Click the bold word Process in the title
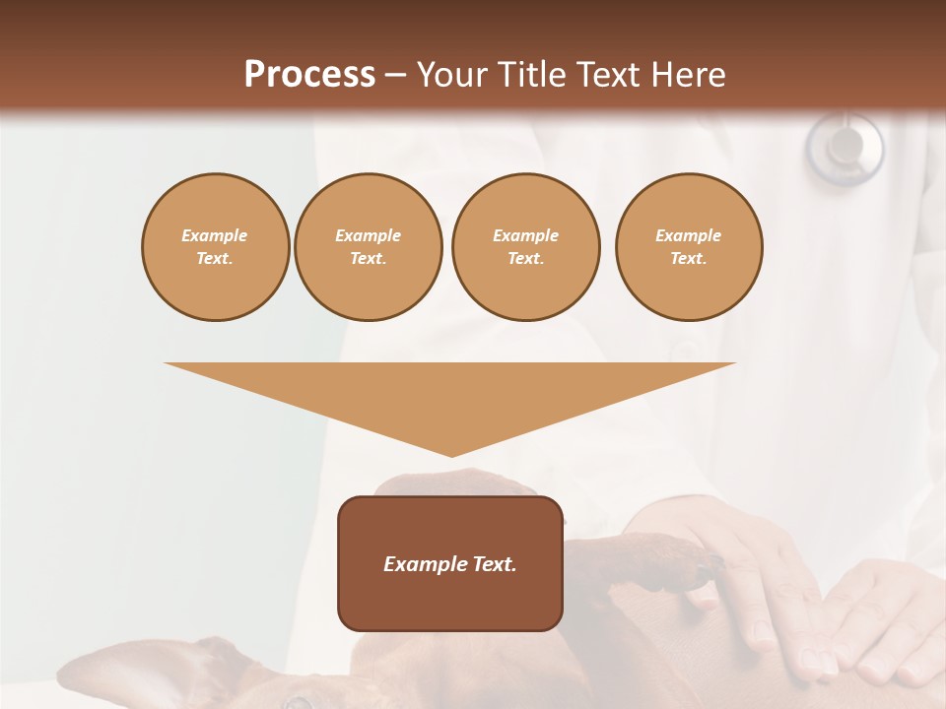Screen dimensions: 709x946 (309, 74)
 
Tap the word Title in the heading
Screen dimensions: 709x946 (532, 74)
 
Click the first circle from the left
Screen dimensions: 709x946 (215, 247)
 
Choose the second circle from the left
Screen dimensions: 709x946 (368, 247)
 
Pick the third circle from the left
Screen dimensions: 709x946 (525, 247)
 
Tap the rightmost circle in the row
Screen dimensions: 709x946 (688, 247)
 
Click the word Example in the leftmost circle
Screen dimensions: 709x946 (215, 235)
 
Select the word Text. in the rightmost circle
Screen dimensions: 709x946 (688, 259)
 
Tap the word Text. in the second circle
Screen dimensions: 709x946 (368, 259)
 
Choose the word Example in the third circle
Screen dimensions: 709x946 (525, 235)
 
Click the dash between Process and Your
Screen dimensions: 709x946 (395, 74)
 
